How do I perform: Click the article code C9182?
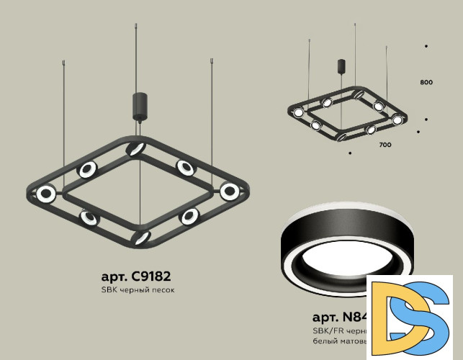(x=136, y=276)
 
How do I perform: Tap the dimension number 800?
(x=426, y=83)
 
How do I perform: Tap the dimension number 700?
(x=385, y=145)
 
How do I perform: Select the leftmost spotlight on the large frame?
(x=47, y=193)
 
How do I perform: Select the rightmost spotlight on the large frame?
(x=230, y=192)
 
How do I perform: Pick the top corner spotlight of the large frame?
(x=134, y=149)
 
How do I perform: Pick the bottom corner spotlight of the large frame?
(x=142, y=237)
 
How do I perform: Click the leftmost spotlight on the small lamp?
(x=297, y=112)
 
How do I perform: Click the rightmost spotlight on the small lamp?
(x=397, y=119)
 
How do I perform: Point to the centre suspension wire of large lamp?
(x=138, y=58)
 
